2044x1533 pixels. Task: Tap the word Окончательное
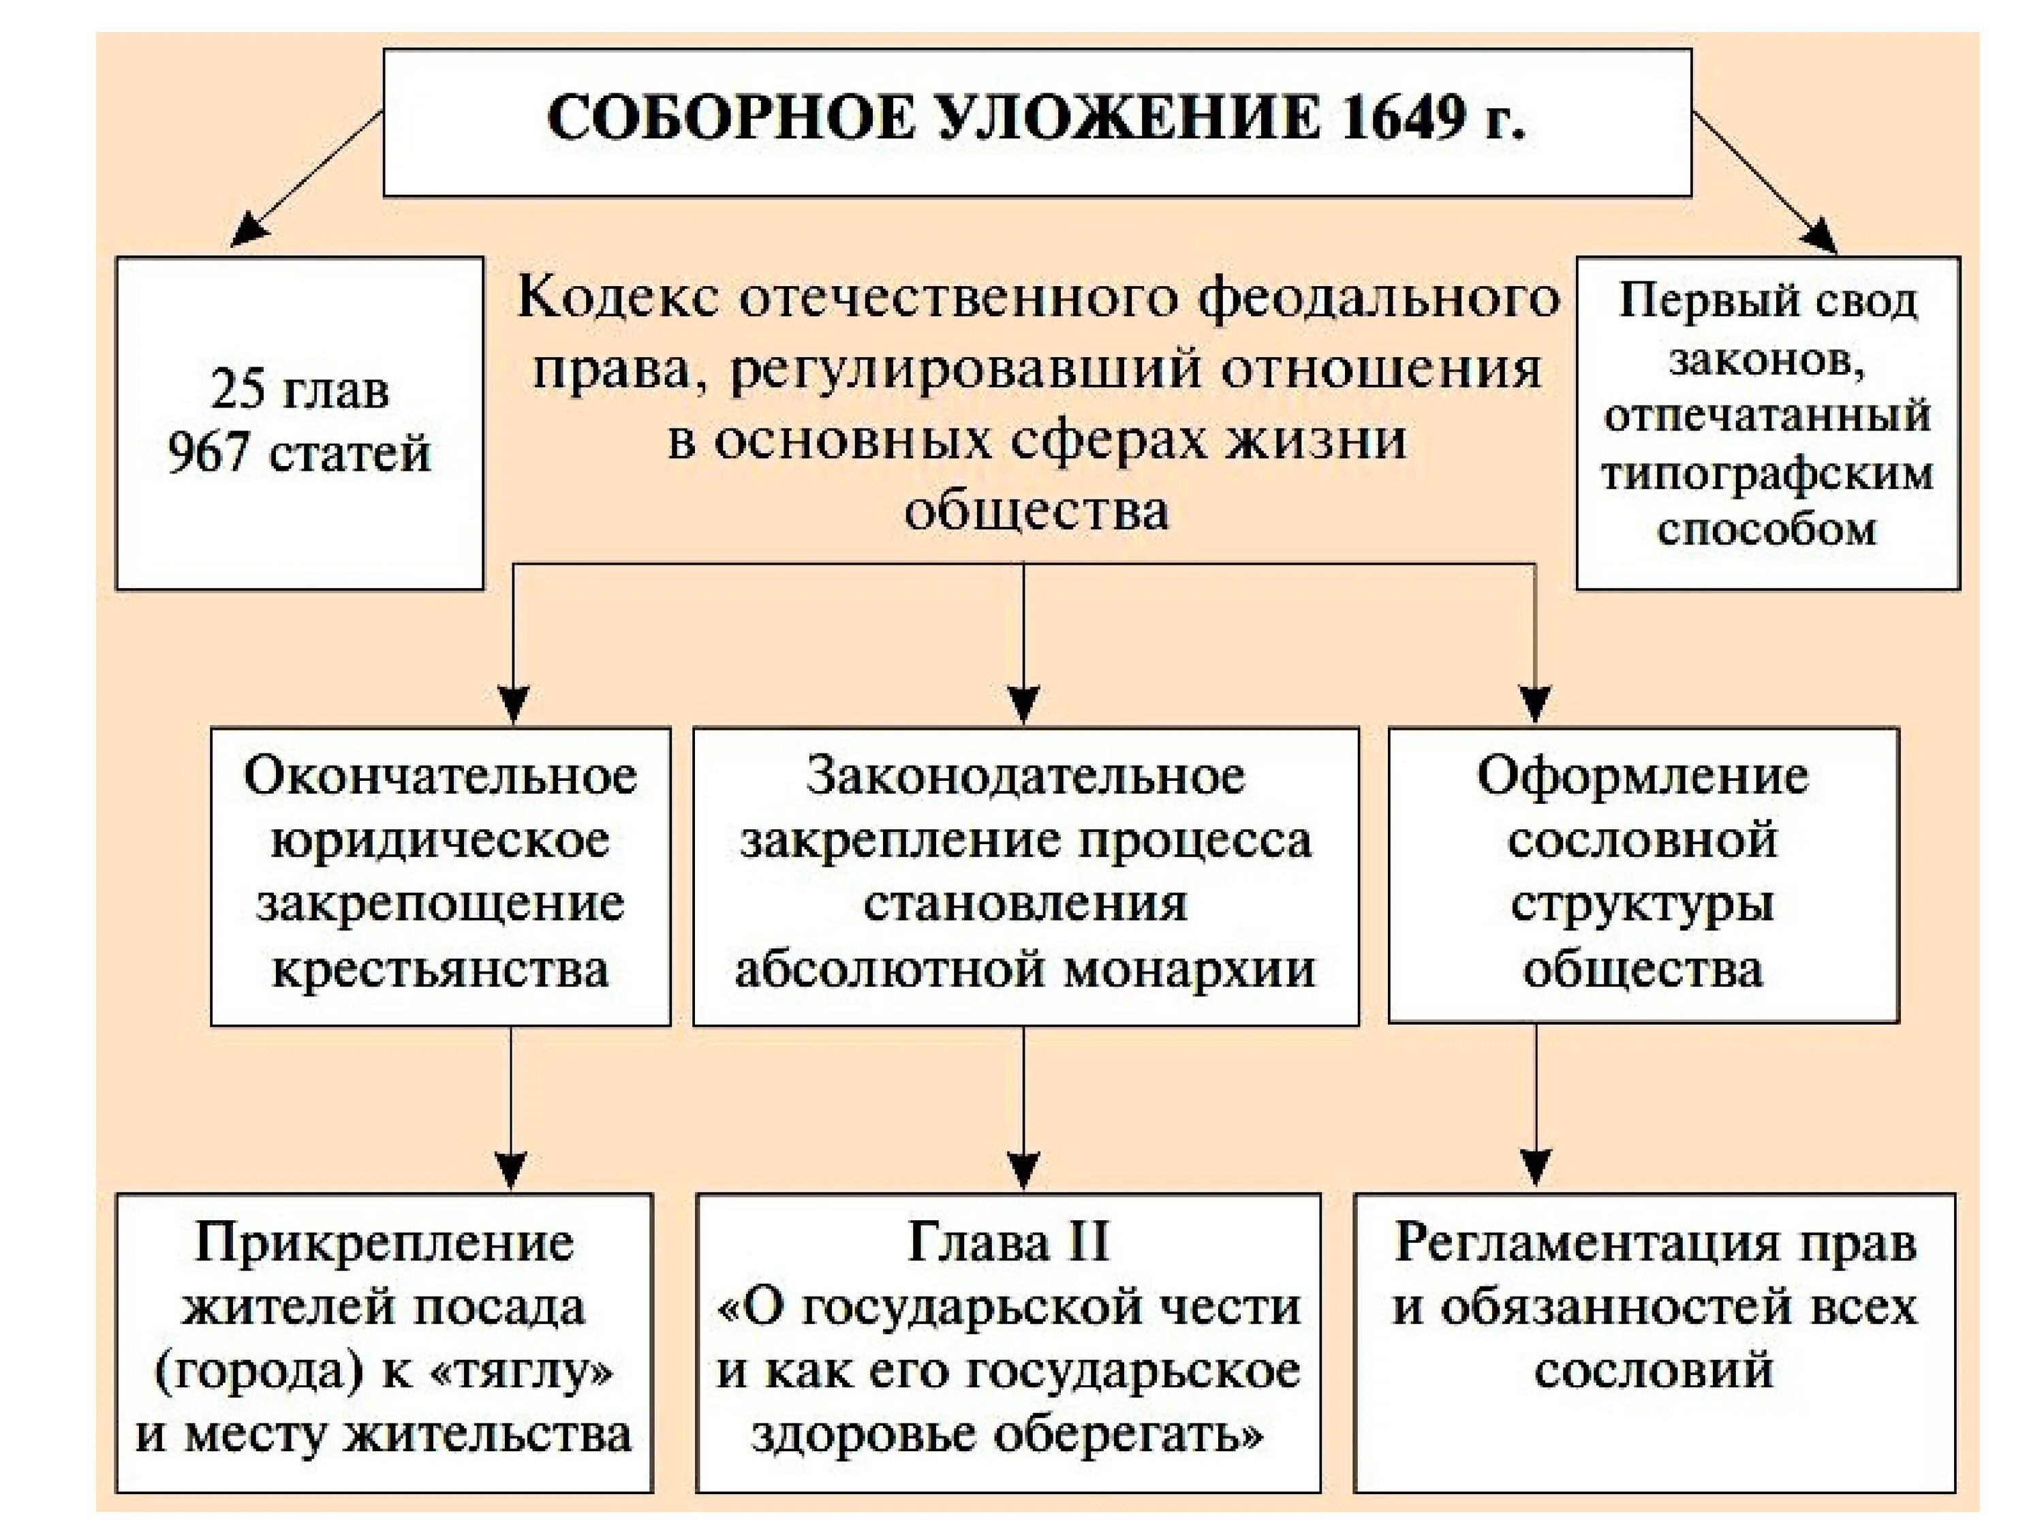click(440, 775)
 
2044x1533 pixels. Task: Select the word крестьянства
click(440, 970)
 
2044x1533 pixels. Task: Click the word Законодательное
click(1025, 775)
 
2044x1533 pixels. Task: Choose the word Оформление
click(1642, 775)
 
